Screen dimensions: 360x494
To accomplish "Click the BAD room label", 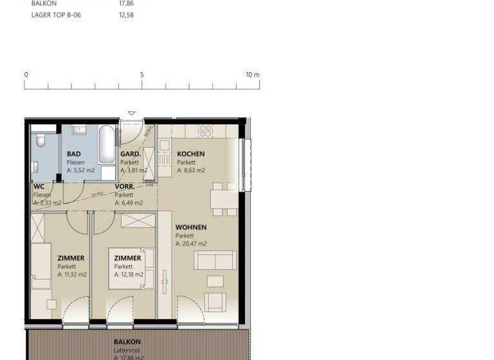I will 74,154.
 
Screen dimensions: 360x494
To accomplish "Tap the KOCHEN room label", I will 191,154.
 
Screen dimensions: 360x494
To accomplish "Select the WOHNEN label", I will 191,228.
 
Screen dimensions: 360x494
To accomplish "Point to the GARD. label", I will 131,154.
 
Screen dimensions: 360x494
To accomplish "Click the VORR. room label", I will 125,187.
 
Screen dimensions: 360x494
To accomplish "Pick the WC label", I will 39,187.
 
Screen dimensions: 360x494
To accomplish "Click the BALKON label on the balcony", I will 127,342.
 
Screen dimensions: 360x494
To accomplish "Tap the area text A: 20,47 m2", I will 191,244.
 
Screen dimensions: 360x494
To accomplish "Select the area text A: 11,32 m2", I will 72,274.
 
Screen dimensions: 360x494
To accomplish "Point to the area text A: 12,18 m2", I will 129,274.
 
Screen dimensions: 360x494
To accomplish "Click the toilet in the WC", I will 40,139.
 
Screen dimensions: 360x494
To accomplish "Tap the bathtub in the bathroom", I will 107,145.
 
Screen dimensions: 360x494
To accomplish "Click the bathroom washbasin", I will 80,130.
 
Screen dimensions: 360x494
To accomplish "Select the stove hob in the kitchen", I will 205,131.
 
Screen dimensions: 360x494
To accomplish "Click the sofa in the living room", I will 215,260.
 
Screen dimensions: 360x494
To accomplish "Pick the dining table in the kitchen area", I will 223,200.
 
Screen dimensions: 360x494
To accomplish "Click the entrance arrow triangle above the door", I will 132,114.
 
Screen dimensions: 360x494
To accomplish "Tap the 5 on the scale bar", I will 142,75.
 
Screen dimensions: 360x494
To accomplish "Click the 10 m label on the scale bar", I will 252,75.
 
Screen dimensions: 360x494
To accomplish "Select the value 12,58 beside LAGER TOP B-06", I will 126,15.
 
